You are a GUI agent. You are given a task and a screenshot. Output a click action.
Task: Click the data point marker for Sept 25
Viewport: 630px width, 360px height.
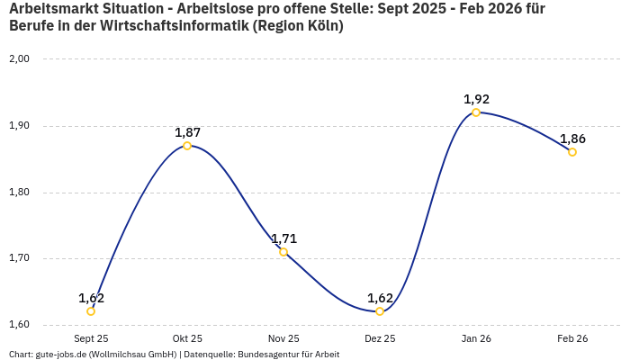tap(91, 311)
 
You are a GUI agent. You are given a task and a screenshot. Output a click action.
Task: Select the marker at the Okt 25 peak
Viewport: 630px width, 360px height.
tap(187, 146)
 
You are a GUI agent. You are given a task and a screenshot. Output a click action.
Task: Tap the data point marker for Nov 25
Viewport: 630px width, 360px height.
tap(283, 252)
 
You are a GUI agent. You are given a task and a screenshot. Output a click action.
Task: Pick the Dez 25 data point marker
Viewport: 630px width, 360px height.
tap(380, 311)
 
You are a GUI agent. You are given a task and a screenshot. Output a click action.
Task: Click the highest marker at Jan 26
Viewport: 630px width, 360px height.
tap(476, 112)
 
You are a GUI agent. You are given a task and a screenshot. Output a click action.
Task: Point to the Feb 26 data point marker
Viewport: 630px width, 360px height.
tap(572, 152)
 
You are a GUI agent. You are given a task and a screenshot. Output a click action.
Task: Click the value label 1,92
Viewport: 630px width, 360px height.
tap(476, 99)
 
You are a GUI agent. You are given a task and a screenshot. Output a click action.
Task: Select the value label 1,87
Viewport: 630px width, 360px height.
tap(187, 132)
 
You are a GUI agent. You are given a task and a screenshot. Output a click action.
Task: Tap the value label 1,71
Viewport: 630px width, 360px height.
tap(283, 238)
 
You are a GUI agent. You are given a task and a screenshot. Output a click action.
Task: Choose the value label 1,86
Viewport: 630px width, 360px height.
tap(572, 139)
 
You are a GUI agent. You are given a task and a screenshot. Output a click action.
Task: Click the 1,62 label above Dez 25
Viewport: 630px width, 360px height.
tap(380, 298)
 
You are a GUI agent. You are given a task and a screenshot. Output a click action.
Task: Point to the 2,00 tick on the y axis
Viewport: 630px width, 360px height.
tap(19, 59)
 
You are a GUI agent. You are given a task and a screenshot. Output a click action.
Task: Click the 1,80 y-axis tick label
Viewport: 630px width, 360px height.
tap(19, 193)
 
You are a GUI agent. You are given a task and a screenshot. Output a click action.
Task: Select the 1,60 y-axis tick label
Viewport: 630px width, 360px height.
tap(19, 325)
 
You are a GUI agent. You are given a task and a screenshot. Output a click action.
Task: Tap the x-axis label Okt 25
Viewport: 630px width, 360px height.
tap(187, 339)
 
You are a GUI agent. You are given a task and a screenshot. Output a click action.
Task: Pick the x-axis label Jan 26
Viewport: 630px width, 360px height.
tap(476, 339)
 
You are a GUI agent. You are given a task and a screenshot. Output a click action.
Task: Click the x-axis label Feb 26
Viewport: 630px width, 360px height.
tap(572, 339)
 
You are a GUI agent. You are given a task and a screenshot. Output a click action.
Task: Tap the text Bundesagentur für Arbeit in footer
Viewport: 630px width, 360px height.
tap(288, 355)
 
